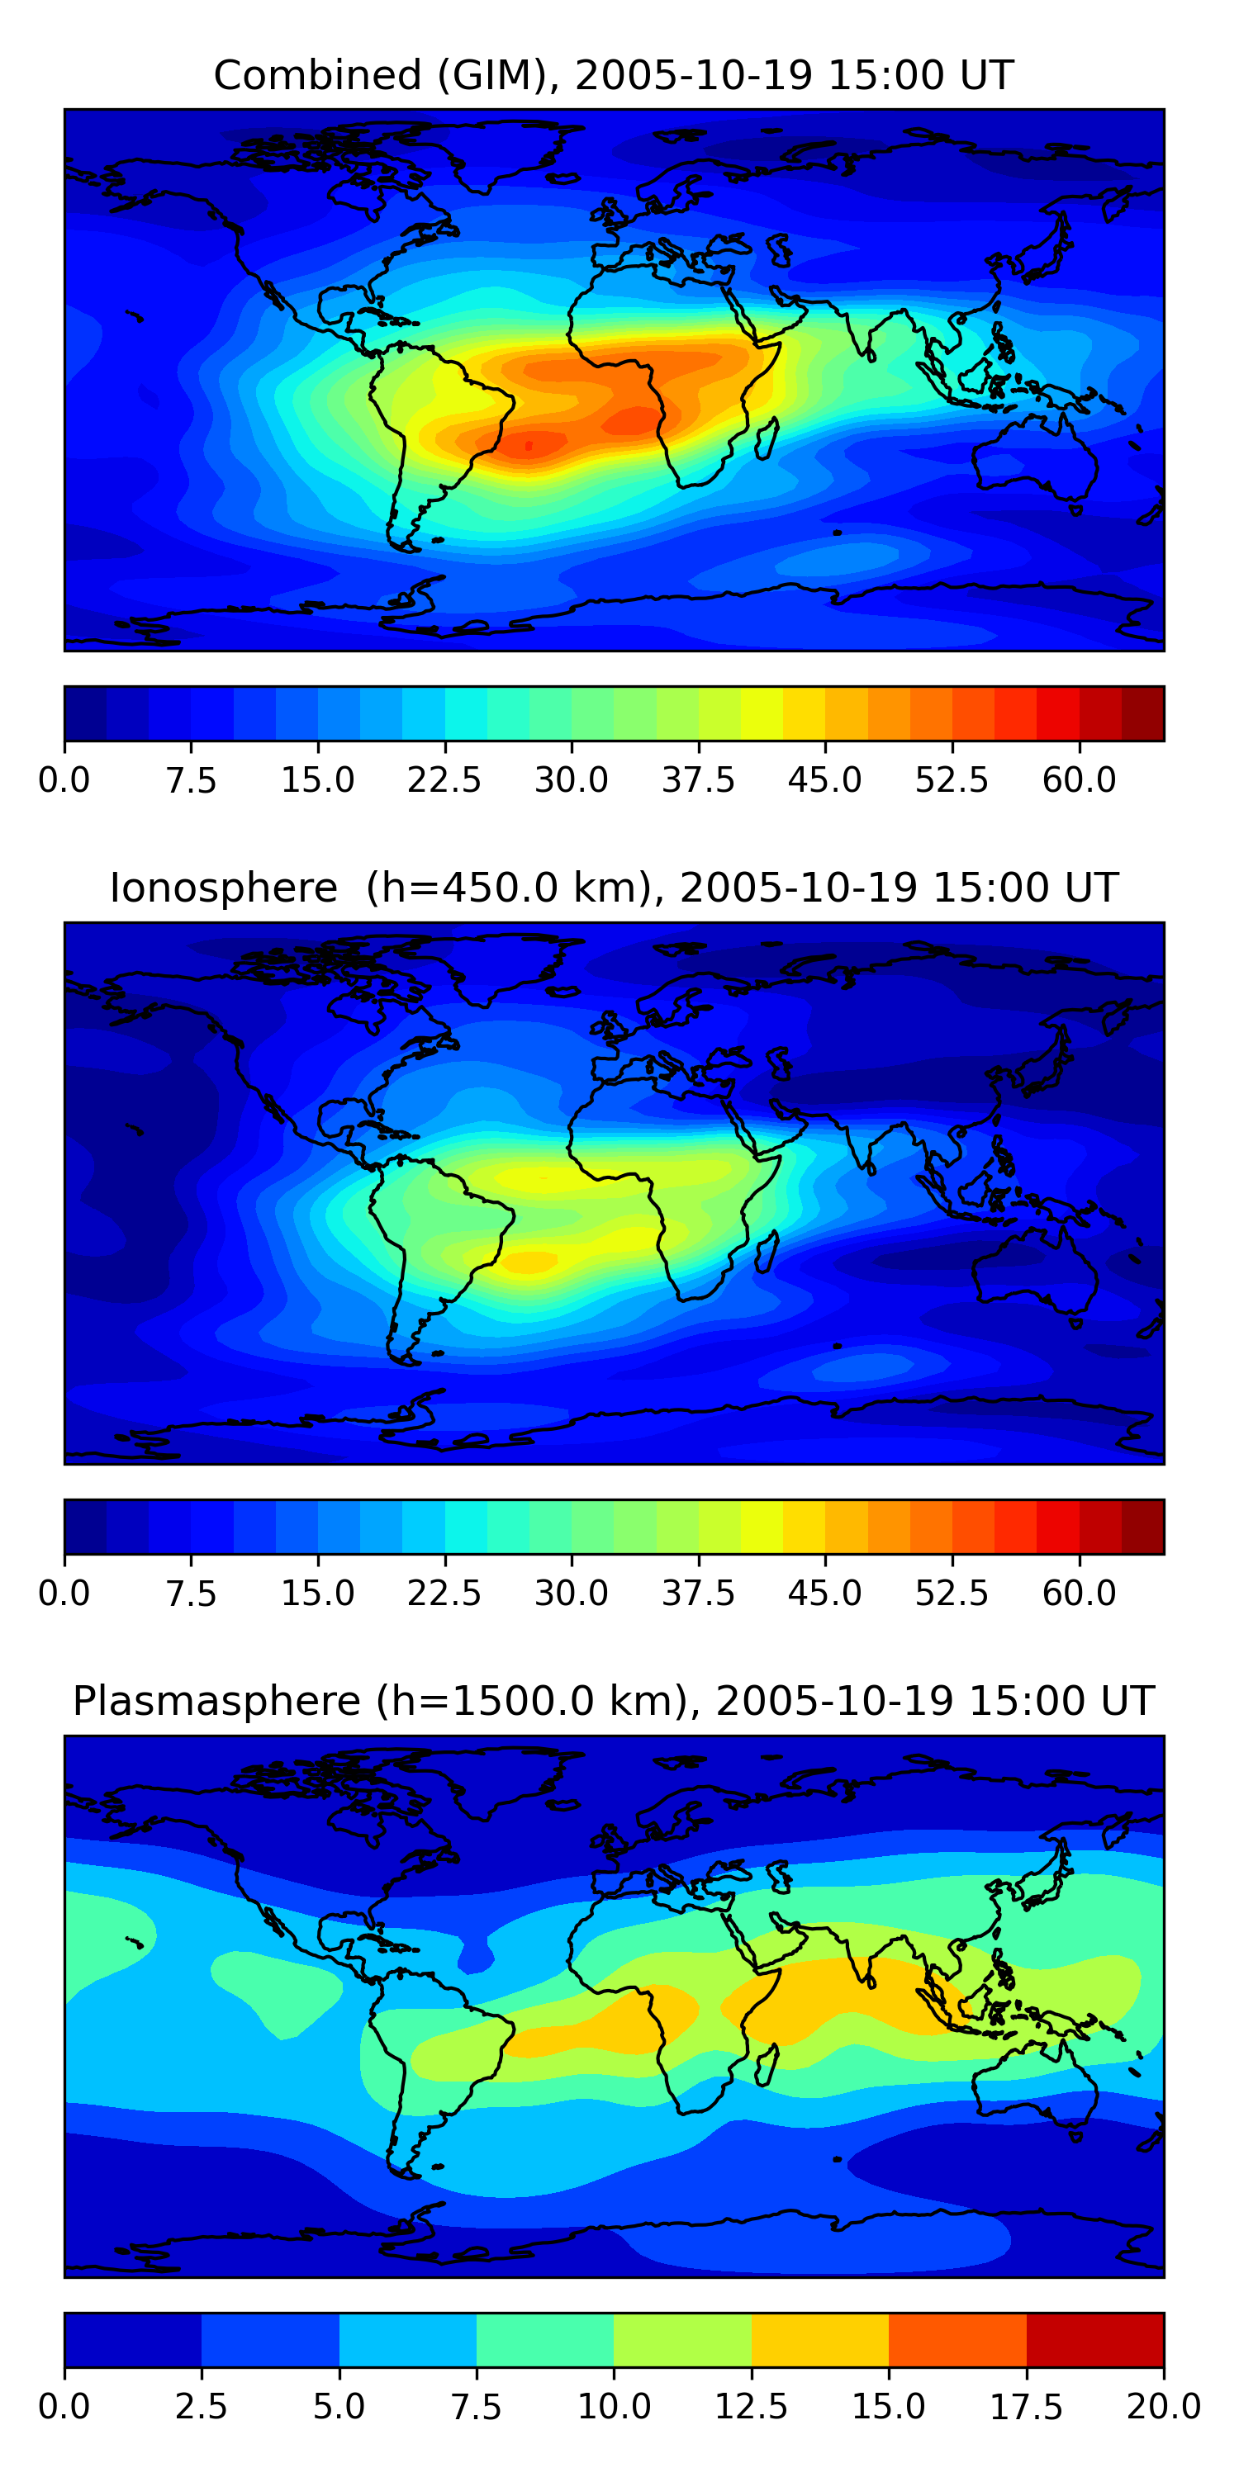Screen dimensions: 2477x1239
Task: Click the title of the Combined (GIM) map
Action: coord(614,75)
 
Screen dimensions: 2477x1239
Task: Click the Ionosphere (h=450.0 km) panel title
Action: coord(614,888)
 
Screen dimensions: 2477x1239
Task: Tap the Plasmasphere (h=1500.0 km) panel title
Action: coord(614,1701)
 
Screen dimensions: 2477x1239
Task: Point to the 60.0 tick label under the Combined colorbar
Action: coord(1079,779)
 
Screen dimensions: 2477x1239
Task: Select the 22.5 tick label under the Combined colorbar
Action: coord(444,779)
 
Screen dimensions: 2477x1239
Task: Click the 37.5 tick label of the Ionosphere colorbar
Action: coord(698,1594)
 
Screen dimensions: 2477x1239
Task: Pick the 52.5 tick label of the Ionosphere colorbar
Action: coord(952,1594)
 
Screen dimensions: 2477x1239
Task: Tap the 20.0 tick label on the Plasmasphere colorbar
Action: coord(1163,2407)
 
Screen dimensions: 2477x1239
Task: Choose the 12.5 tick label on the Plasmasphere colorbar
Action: coord(752,2407)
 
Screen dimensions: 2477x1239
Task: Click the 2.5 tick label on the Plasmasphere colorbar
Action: coord(201,2407)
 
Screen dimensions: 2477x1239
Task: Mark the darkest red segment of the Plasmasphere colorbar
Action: coord(1094,2339)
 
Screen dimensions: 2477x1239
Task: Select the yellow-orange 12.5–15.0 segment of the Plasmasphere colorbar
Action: coord(819,2339)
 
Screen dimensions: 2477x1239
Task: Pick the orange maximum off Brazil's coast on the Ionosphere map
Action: coord(527,1261)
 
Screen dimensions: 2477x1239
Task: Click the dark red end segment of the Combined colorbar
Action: coord(1143,713)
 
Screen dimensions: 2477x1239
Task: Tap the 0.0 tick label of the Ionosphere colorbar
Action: coord(64,1594)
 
